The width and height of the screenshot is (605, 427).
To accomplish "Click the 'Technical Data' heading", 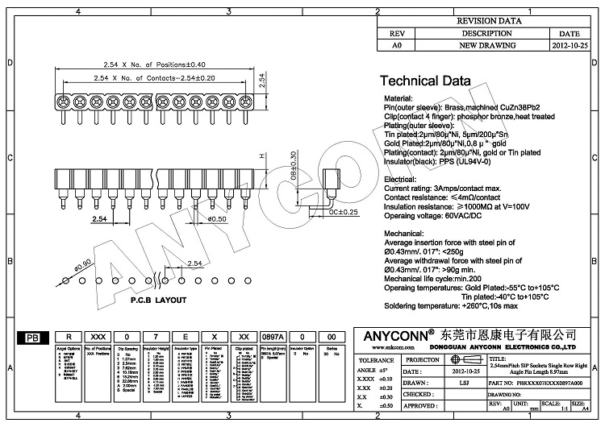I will tap(431, 81).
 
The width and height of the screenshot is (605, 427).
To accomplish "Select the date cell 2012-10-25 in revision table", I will tap(569, 47).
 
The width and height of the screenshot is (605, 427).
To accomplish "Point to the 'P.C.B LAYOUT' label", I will tap(136, 300).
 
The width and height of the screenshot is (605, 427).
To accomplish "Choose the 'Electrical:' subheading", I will tap(406, 179).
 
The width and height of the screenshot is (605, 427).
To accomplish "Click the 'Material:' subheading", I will tap(403, 97).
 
